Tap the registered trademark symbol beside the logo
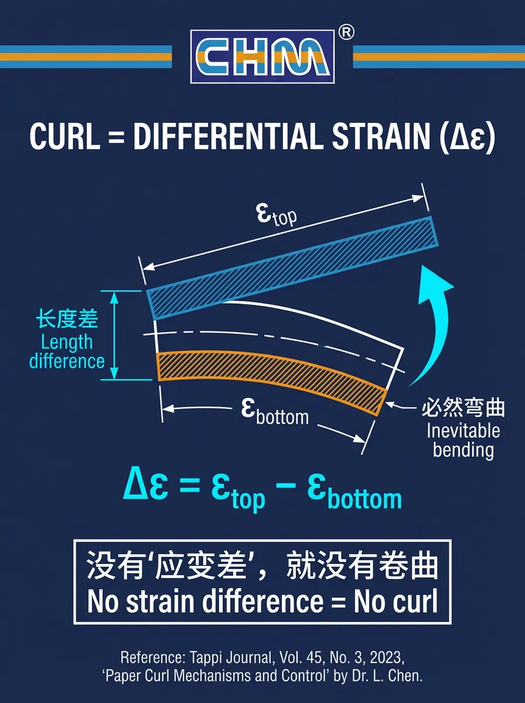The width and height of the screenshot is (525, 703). (x=346, y=33)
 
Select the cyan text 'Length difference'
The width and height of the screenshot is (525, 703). (x=67, y=351)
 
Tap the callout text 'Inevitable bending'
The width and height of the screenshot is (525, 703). (x=463, y=441)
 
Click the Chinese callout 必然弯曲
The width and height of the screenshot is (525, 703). (x=463, y=408)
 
